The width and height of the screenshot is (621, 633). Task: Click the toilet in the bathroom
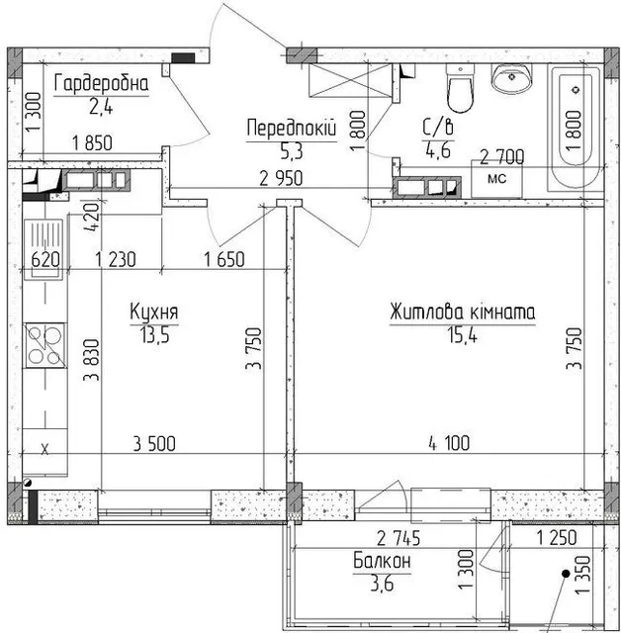click(460, 89)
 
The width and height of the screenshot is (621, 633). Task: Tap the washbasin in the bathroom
click(511, 79)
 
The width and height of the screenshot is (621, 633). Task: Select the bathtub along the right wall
click(574, 128)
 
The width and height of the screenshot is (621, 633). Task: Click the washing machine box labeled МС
click(496, 178)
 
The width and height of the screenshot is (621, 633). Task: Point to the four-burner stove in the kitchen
click(45, 345)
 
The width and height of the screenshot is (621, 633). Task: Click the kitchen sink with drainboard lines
click(44, 249)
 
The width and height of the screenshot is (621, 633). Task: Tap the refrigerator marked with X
click(44, 449)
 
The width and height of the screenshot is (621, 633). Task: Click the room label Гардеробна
click(101, 83)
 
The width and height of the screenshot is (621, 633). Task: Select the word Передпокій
click(292, 129)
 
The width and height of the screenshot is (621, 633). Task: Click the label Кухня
click(154, 312)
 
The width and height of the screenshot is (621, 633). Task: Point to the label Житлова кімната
click(463, 313)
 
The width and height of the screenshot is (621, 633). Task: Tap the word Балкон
click(382, 561)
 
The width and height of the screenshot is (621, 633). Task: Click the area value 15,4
click(462, 334)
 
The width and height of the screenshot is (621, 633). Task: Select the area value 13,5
click(154, 334)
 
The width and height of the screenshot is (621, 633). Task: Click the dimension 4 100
click(449, 443)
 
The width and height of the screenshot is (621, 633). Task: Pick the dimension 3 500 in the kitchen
click(154, 444)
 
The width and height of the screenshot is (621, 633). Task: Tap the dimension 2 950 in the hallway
click(281, 178)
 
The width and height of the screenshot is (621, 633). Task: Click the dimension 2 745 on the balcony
click(399, 538)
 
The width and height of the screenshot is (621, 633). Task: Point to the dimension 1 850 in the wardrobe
click(92, 143)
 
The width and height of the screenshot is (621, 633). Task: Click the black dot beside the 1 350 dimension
click(567, 574)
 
